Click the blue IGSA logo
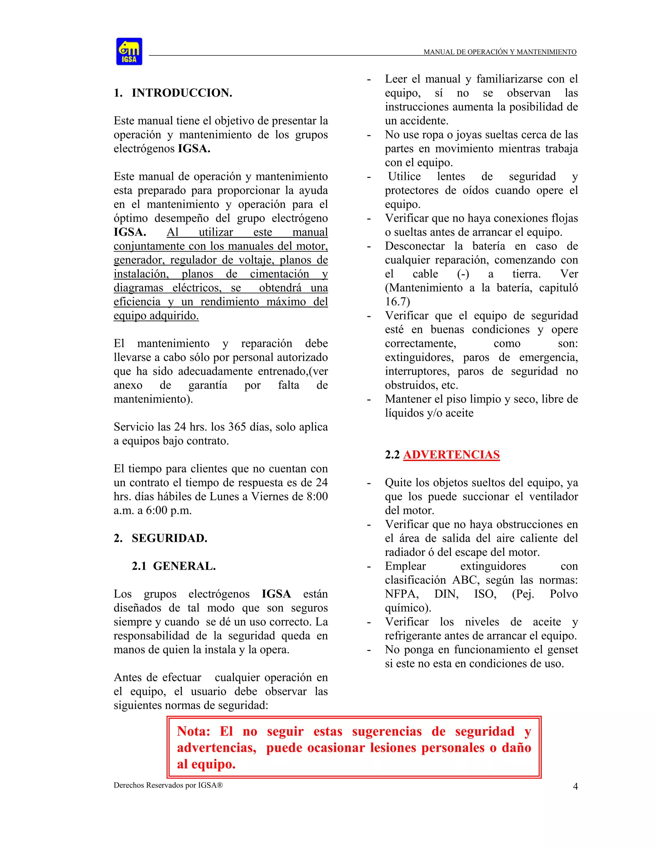[x=129, y=51]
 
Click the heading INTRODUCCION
[x=182, y=93]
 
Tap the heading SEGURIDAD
[x=169, y=538]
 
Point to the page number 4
[x=575, y=787]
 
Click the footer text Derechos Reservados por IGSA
[x=168, y=785]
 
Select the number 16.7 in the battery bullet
[x=397, y=302]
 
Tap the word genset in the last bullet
[x=562, y=650]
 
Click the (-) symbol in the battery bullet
[x=463, y=274]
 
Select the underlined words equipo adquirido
[x=156, y=316]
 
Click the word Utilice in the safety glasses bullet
[x=404, y=177]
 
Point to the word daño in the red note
[x=516, y=748]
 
